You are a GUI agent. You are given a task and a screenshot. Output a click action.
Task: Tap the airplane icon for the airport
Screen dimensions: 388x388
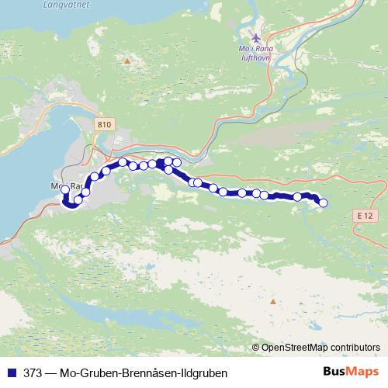pos(258,37)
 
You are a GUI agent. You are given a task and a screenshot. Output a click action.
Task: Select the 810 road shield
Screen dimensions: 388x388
pos(106,123)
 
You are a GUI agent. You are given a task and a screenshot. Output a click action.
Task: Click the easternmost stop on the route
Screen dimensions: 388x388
pos(324,203)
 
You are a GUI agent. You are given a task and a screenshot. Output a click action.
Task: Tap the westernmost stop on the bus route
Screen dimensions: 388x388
pos(64,189)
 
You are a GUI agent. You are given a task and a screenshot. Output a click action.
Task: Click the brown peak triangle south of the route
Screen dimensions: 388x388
pos(272,300)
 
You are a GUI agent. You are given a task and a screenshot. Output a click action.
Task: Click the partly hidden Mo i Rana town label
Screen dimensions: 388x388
pos(65,187)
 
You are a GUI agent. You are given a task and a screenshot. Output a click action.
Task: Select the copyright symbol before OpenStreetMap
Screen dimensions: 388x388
pos(256,348)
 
